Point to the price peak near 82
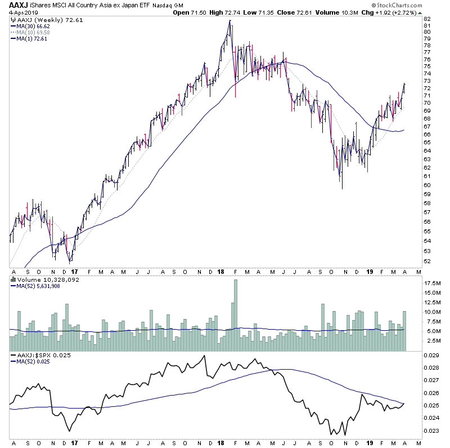point(230,21)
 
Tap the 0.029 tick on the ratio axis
point(430,355)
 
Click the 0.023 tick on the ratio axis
point(430,431)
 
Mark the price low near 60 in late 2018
point(341,187)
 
